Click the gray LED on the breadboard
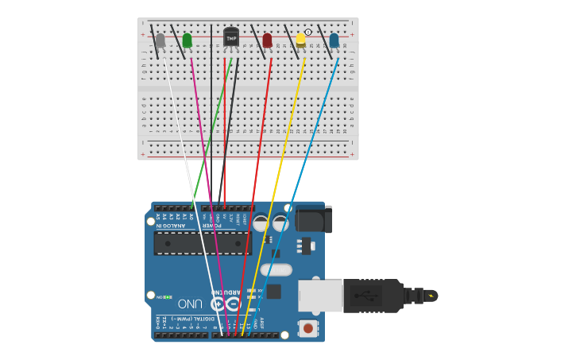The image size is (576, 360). coord(160,40)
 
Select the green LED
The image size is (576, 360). coord(187,40)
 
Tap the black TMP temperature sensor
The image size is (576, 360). coord(231,37)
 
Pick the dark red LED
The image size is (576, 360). coord(267,40)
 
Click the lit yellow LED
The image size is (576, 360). coord(301,39)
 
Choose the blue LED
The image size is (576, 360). coord(334,40)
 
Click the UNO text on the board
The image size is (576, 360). coord(190,304)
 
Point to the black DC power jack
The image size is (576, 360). coord(313,219)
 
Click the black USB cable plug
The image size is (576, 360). coord(373,296)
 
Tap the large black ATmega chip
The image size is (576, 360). coord(202,243)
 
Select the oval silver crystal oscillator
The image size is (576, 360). coord(276,269)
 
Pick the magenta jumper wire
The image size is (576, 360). coord(208,191)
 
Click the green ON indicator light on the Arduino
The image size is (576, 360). coord(168,296)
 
